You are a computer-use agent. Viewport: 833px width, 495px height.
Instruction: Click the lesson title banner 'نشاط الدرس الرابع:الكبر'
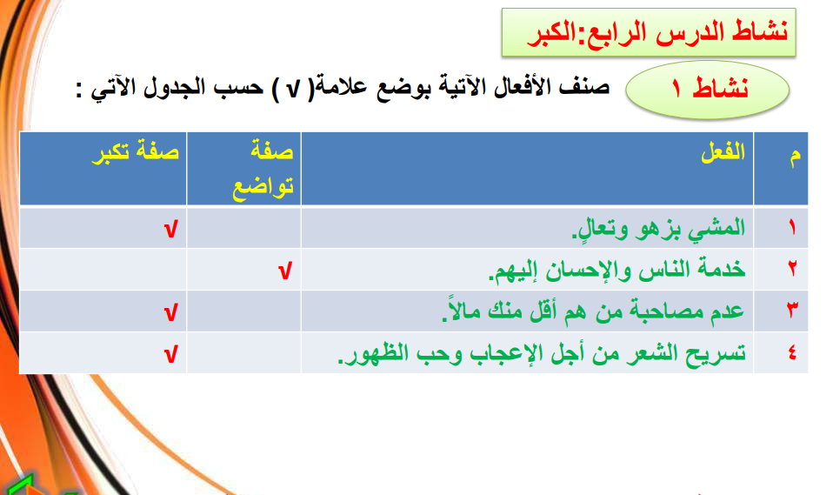649,32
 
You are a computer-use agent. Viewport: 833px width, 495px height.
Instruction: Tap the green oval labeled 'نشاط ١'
708,90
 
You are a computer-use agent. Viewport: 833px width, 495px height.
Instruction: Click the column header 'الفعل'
723,152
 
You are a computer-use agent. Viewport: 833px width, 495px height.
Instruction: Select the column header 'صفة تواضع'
263,169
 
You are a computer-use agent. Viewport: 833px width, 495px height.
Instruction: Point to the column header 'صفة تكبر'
136,151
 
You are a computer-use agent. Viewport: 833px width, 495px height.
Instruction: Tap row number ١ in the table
793,228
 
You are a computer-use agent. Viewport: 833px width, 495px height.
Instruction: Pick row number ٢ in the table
793,269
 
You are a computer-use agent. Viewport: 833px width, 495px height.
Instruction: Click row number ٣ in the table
793,310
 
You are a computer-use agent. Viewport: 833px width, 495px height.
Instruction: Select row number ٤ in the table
793,352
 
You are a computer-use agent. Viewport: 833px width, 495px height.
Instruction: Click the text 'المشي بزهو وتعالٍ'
658,228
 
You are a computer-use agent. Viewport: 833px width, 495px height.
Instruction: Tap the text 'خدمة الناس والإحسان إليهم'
616,270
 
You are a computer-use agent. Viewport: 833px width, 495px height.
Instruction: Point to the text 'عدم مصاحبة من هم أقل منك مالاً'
593,311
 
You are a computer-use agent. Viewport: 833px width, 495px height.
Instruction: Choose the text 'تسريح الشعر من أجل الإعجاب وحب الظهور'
542,352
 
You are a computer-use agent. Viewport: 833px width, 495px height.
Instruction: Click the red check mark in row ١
170,230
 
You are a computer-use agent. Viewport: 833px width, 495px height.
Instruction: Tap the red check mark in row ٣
170,312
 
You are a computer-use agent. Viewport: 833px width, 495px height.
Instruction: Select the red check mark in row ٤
170,354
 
